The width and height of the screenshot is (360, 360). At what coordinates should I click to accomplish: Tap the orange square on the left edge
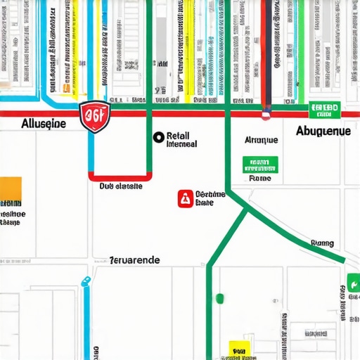11,191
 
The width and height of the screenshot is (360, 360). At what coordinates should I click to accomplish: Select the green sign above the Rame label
259,165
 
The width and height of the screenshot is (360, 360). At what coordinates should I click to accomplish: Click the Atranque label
260,140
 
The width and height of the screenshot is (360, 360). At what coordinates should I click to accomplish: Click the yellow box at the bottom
239,348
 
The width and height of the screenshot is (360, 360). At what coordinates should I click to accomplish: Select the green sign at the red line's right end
325,110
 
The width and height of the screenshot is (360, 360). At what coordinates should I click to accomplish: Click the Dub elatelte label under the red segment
120,187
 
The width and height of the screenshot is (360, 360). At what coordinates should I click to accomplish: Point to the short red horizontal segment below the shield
120,176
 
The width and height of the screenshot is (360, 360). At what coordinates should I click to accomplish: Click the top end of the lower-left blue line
86,281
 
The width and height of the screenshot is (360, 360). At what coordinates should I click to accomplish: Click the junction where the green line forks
247,207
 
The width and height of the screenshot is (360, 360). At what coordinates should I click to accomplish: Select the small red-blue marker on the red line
266,110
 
